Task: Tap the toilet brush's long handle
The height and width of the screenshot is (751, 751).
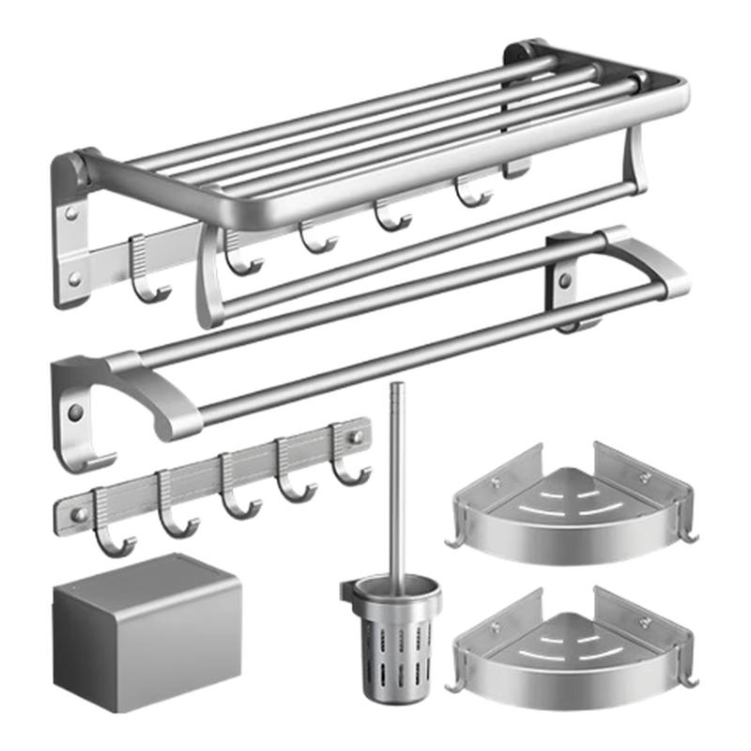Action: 397,479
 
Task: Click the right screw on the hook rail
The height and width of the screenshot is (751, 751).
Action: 356,437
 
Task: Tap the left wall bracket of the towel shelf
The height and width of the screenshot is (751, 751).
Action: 71,230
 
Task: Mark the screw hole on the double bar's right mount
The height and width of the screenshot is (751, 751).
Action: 564,281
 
